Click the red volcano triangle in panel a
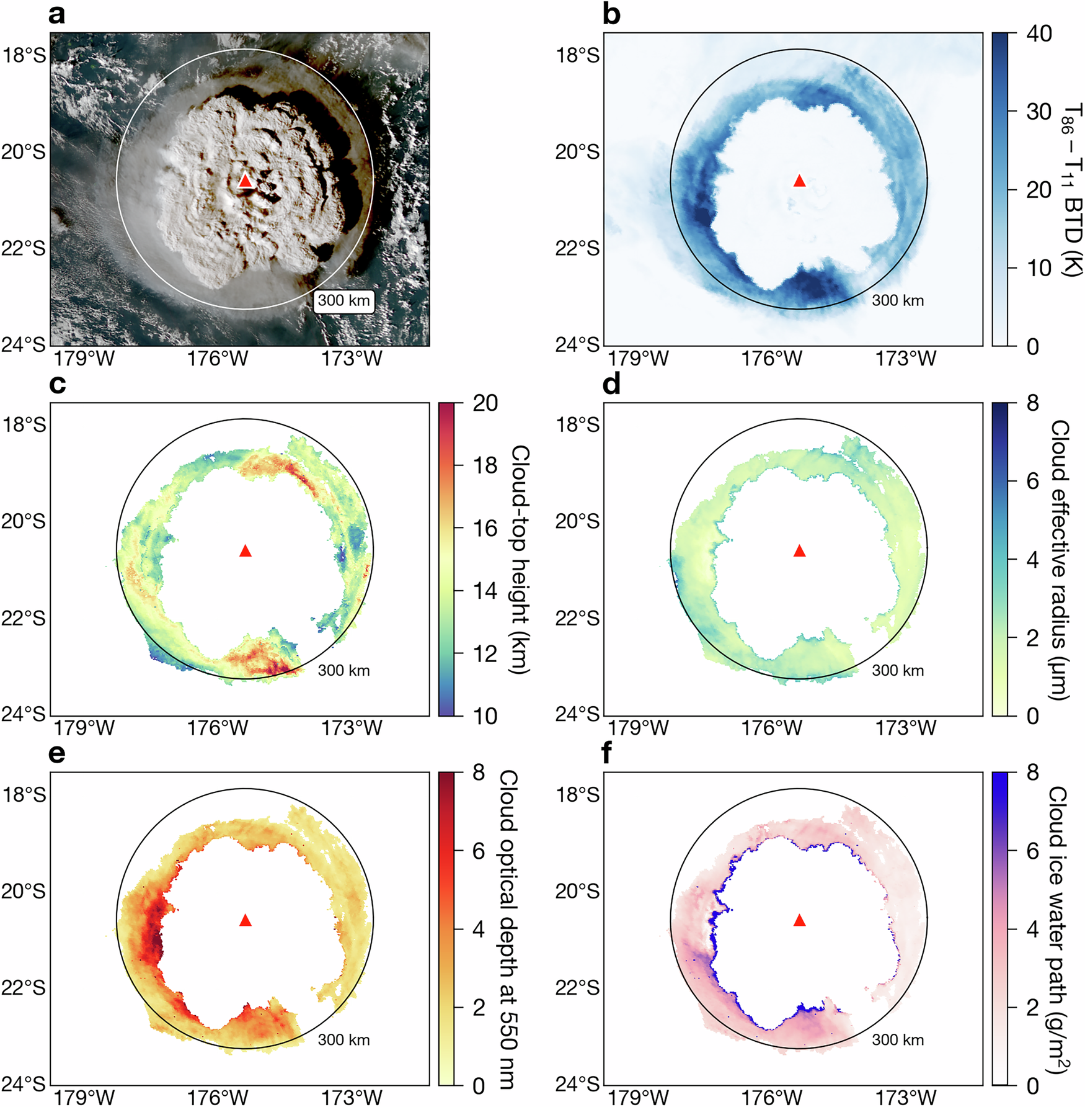click(x=246, y=181)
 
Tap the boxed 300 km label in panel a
click(x=343, y=301)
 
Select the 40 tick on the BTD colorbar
click(x=1038, y=34)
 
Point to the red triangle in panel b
click(x=799, y=181)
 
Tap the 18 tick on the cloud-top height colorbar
click(x=485, y=465)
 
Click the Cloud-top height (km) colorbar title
click(x=520, y=559)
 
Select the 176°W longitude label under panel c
click(x=217, y=728)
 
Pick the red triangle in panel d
click(x=799, y=550)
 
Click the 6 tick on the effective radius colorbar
click(x=1032, y=481)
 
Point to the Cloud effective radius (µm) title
click(x=1060, y=559)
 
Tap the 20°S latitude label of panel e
click(x=24, y=891)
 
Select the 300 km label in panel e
click(x=343, y=1040)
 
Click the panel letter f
click(x=608, y=753)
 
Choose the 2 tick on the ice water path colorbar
click(x=1032, y=1008)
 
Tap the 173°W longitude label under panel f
click(x=905, y=1098)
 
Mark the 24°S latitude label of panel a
click(x=24, y=344)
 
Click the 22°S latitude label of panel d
click(x=577, y=618)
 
